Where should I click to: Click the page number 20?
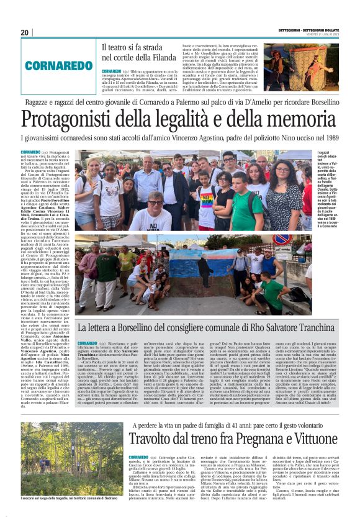tap(25, 32)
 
